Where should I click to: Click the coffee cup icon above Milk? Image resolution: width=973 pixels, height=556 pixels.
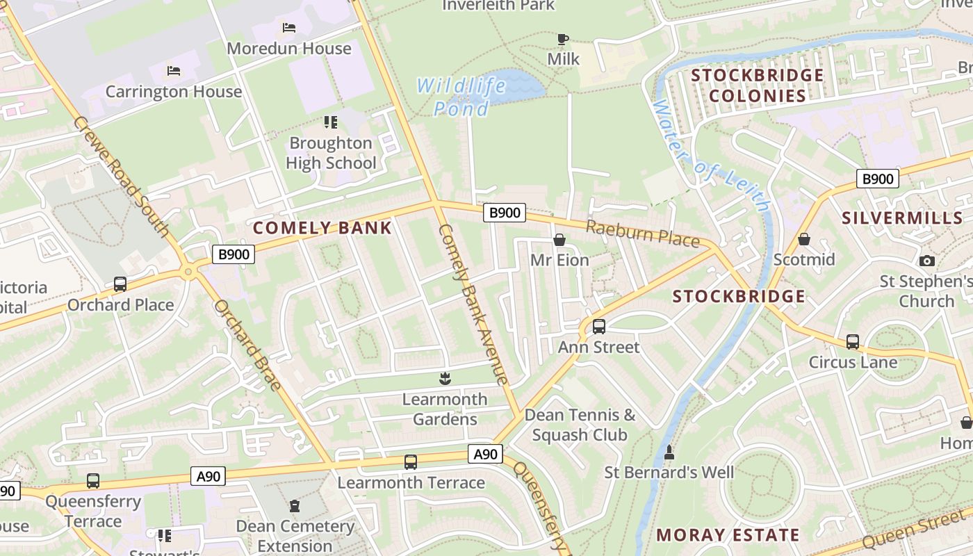pyautogui.click(x=562, y=39)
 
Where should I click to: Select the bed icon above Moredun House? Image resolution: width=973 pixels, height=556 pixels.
pyautogui.click(x=289, y=28)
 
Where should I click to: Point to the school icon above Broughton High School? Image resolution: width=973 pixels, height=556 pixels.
pyautogui.click(x=331, y=123)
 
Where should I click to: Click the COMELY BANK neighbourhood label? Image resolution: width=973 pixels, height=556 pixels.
pyautogui.click(x=322, y=228)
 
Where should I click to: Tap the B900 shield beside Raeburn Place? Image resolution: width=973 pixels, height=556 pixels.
pyautogui.click(x=504, y=213)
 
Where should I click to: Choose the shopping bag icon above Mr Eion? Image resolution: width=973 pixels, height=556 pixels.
pyautogui.click(x=559, y=240)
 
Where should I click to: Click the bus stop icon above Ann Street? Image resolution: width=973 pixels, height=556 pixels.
pyautogui.click(x=598, y=326)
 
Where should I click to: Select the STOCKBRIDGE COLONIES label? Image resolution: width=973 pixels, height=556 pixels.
pyautogui.click(x=757, y=85)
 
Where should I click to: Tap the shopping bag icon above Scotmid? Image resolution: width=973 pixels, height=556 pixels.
pyautogui.click(x=804, y=240)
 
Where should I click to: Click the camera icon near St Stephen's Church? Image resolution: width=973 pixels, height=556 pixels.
pyautogui.click(x=926, y=261)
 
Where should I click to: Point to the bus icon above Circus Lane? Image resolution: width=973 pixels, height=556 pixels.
pyautogui.click(x=853, y=342)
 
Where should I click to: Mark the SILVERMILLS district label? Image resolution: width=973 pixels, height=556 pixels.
pyautogui.click(x=902, y=218)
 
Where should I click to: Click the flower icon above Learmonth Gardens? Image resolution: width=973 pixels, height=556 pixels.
pyautogui.click(x=445, y=379)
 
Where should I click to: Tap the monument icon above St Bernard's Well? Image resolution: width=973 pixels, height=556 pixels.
pyautogui.click(x=669, y=452)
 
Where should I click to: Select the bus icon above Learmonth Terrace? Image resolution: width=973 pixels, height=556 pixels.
pyautogui.click(x=411, y=462)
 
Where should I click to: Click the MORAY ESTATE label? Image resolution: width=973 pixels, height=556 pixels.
pyautogui.click(x=728, y=535)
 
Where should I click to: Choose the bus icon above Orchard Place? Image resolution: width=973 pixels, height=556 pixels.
pyautogui.click(x=120, y=284)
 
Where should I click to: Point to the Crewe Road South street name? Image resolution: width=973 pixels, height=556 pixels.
pyautogui.click(x=121, y=177)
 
